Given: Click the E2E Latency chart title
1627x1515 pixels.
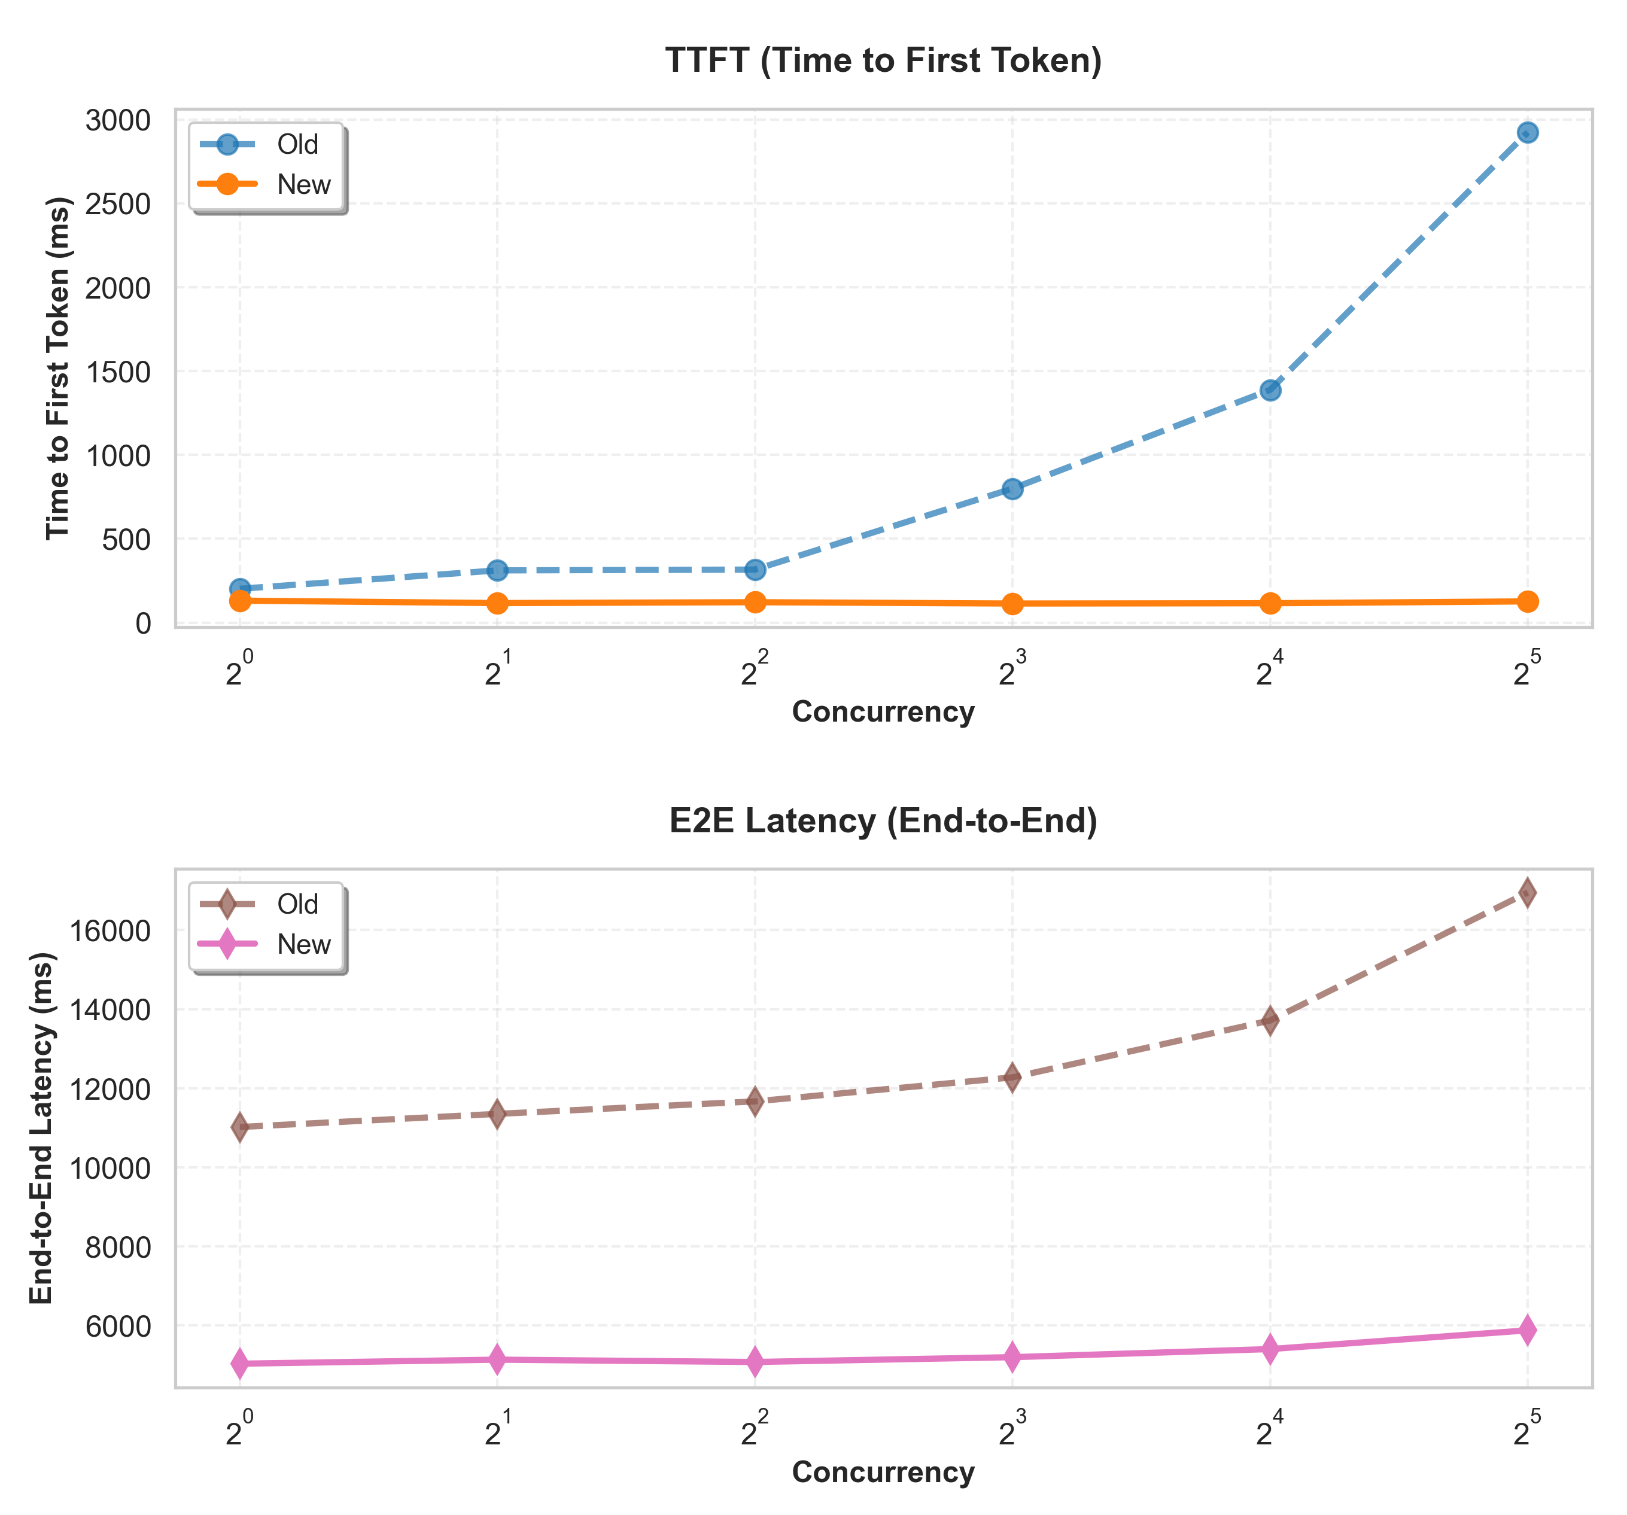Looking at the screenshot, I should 883,821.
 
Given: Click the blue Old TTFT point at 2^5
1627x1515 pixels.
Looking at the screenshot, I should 1526,133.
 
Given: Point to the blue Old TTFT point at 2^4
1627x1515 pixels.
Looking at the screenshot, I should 1269,390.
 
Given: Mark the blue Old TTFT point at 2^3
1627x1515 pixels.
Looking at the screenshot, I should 1012,489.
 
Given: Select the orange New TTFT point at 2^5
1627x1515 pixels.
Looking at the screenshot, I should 1526,601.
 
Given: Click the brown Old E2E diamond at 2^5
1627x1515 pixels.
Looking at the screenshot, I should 1526,892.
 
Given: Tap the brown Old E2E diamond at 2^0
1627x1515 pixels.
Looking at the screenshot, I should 240,1127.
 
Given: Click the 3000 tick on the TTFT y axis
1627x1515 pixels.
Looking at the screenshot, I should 118,120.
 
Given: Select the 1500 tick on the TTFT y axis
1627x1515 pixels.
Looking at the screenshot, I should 118,372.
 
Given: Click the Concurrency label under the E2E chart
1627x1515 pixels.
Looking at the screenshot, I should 883,1473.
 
